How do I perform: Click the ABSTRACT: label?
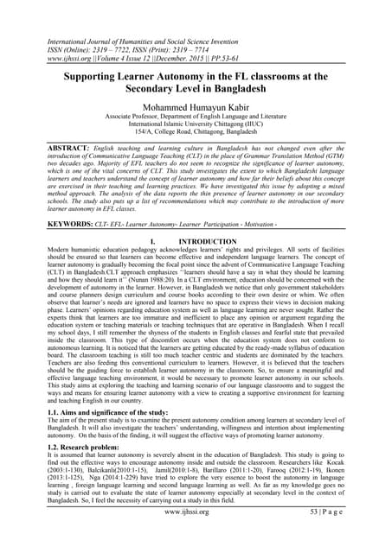pyautogui.click(x=48, y=149)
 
